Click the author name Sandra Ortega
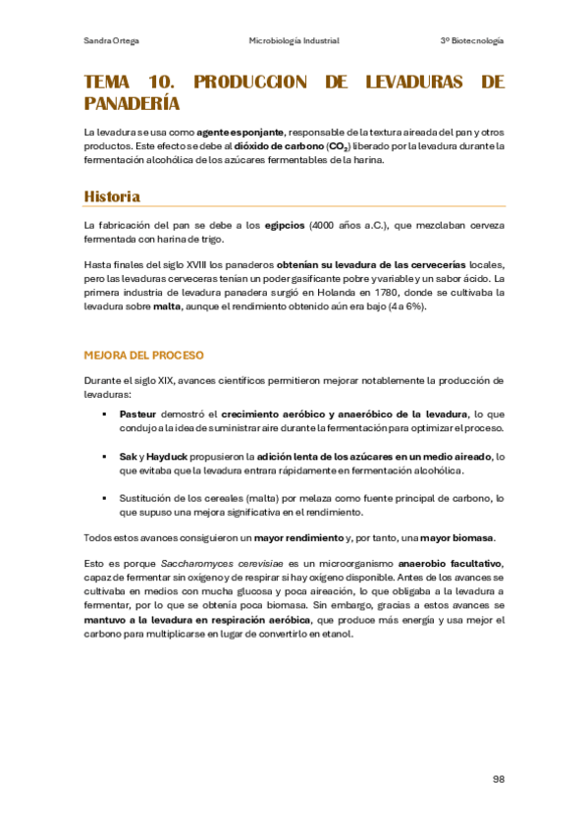pyautogui.click(x=110, y=40)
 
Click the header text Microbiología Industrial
pyautogui.click(x=294, y=40)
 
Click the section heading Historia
pyautogui.click(x=112, y=196)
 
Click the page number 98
pyautogui.click(x=498, y=778)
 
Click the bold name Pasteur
pyautogui.click(x=138, y=415)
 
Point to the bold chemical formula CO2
pyautogui.click(x=335, y=147)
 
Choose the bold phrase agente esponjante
pyautogui.click(x=241, y=132)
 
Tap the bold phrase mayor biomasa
pyautogui.click(x=458, y=537)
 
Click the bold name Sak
pyautogui.click(x=128, y=457)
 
